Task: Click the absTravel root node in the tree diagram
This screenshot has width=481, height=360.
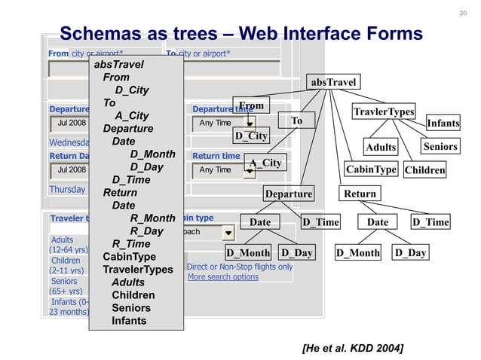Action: pos(332,81)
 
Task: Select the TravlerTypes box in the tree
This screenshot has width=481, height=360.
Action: pos(384,112)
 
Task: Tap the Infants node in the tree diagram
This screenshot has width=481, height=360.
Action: pos(443,124)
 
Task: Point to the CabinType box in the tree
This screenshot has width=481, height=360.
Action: pos(370,169)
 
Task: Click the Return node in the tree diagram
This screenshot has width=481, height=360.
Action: pos(360,194)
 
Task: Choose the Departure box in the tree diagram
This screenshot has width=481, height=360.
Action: pos(288,194)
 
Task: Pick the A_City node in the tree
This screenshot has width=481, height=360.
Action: pos(265,163)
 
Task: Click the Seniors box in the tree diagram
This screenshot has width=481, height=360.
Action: pos(440,146)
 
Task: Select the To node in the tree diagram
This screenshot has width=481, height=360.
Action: pos(296,121)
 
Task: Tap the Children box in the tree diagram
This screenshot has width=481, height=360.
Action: pos(424,170)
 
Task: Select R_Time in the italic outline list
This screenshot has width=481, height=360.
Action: pos(131,244)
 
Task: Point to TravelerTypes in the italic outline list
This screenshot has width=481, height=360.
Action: pos(138,270)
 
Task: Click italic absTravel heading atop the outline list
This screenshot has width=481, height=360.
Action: pos(118,65)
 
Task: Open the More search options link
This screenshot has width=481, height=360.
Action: pos(222,277)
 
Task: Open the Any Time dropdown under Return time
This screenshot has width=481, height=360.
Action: pos(224,170)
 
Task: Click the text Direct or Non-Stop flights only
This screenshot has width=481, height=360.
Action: pos(239,267)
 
